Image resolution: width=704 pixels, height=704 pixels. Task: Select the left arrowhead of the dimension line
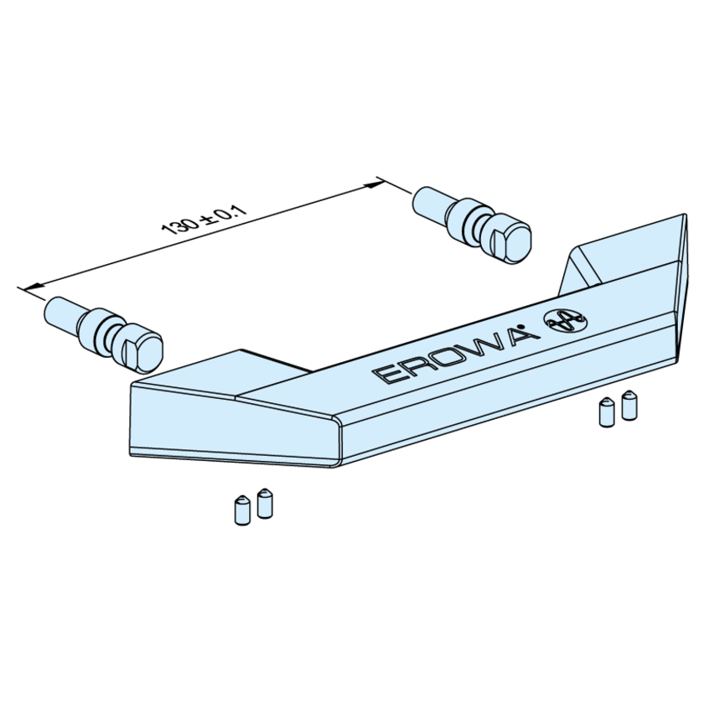click(33, 286)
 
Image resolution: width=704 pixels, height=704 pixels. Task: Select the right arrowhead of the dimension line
click(374, 184)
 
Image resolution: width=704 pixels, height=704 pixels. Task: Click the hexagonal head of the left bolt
click(142, 350)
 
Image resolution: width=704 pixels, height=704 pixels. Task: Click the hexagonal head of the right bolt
click(511, 241)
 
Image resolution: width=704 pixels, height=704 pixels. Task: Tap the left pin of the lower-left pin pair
click(242, 510)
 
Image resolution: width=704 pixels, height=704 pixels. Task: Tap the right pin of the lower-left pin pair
click(265, 504)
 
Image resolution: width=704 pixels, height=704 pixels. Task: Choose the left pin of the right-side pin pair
click(607, 412)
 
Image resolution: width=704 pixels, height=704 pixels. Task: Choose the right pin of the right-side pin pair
click(629, 405)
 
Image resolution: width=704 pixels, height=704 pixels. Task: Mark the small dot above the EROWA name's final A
click(520, 326)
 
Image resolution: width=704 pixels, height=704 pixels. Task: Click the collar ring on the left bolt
click(96, 330)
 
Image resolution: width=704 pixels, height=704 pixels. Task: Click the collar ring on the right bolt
click(464, 220)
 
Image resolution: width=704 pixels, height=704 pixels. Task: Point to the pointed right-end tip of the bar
click(686, 215)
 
